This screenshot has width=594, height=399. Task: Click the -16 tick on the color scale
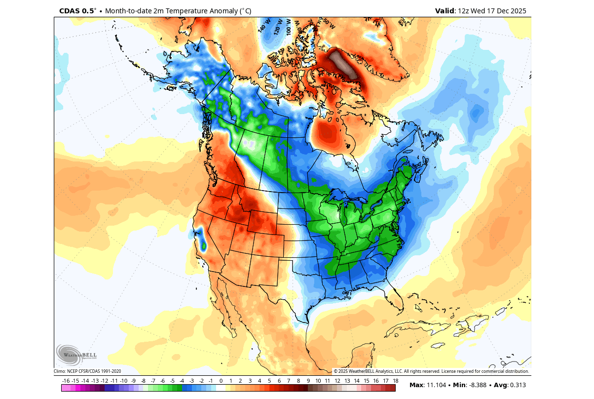(66, 381)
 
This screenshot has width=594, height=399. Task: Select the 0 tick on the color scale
(221, 381)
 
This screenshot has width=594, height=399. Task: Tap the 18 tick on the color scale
(395, 381)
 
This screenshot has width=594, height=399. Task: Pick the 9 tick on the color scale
(308, 381)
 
